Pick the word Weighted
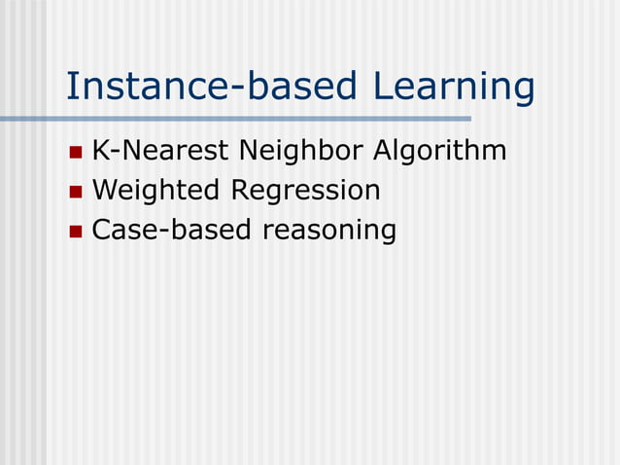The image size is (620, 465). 155,192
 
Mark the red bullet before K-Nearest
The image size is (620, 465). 77,154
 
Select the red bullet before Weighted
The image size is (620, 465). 77,193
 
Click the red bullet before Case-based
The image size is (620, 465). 77,232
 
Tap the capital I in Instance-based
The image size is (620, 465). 71,87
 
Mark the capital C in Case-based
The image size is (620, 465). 101,231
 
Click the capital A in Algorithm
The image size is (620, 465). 384,152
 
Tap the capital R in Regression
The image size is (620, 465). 239,191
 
